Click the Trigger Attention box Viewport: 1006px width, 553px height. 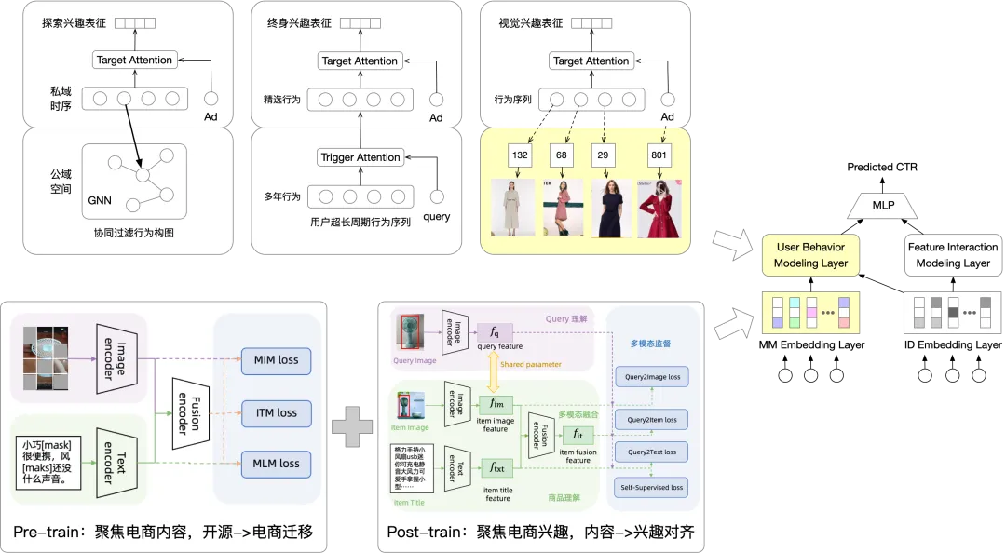click(360, 157)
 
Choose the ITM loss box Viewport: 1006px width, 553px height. click(276, 412)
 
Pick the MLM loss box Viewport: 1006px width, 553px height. click(276, 463)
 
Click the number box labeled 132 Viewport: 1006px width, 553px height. click(520, 155)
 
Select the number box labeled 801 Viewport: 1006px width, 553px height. click(659, 155)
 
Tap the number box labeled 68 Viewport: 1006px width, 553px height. click(562, 155)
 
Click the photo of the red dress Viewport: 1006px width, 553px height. click(659, 208)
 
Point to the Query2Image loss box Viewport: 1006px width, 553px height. click(652, 378)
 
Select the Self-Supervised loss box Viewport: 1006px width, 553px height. click(652, 487)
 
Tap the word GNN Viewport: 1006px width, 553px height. click(99, 199)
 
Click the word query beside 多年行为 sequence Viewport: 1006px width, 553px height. click(436, 217)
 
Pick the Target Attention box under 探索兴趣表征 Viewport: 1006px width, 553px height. click(134, 60)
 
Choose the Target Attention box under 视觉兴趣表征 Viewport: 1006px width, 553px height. click(591, 61)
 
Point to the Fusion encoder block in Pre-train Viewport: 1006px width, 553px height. click(182, 411)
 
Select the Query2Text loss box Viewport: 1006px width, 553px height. click(652, 452)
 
